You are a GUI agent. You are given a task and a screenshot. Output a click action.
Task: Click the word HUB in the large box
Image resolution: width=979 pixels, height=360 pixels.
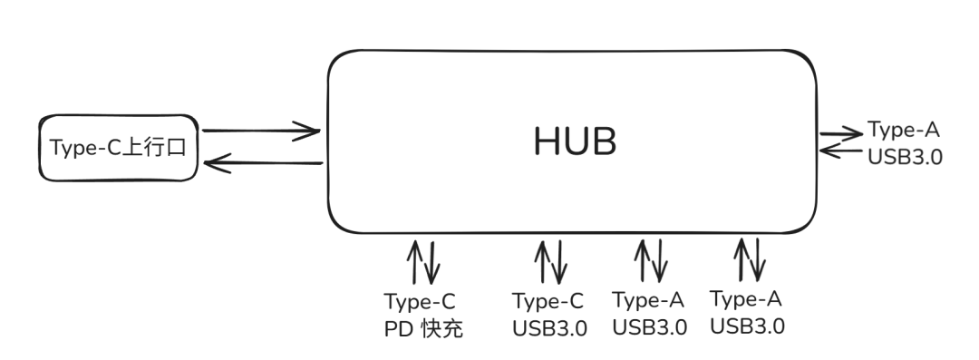(x=575, y=141)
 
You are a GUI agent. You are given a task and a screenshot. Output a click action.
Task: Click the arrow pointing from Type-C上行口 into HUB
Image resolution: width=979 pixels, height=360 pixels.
(x=261, y=131)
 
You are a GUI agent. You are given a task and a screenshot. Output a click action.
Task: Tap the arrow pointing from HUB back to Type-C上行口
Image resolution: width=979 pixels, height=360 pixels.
(x=264, y=163)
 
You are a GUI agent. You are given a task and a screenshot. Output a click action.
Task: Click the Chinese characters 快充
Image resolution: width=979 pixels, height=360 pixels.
(x=442, y=329)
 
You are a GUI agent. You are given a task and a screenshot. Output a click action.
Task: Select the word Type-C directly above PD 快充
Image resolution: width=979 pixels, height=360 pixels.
(x=420, y=303)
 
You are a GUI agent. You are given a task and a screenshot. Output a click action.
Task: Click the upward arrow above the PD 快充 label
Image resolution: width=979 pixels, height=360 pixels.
(x=413, y=262)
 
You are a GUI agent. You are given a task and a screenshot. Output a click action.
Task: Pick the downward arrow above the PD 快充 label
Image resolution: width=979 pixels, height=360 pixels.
(x=431, y=263)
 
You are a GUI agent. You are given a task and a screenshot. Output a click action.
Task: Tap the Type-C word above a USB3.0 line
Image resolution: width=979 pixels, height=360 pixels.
(x=548, y=302)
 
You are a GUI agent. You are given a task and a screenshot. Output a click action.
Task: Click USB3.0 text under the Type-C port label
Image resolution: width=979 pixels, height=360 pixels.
(x=549, y=329)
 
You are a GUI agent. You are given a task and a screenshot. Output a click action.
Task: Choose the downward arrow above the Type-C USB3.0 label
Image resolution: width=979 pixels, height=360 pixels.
(x=558, y=263)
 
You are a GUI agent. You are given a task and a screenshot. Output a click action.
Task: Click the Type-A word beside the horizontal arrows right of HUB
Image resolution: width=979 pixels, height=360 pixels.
(x=904, y=131)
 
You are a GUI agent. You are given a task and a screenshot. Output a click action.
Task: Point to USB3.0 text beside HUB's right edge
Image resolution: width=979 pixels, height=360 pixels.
(x=905, y=157)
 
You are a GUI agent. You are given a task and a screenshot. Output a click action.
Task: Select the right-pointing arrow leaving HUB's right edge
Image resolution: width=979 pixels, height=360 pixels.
(x=841, y=133)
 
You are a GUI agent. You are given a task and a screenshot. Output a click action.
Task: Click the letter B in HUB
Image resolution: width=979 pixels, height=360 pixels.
(x=605, y=141)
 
